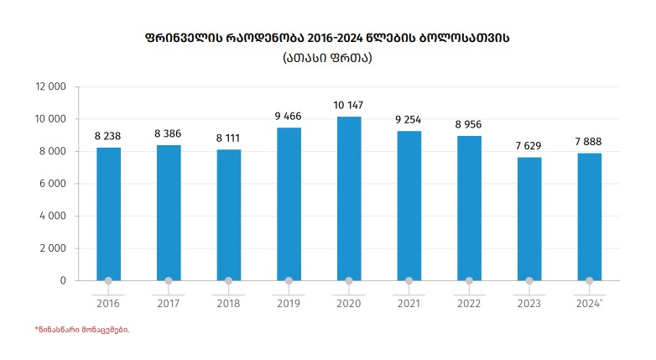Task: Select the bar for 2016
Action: pos(108,214)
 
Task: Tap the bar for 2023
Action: pos(529,218)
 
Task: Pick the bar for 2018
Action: pos(229,215)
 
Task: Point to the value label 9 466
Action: pos(289,116)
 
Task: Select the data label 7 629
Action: pos(529,146)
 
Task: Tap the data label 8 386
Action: pos(169,133)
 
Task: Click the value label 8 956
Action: pos(469,124)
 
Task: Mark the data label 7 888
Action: pos(589,141)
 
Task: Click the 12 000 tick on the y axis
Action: pos(50,86)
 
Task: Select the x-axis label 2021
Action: pos(409,303)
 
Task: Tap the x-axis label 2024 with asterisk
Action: pos(589,303)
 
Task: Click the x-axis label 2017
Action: pos(169,303)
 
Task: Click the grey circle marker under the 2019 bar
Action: pos(289,281)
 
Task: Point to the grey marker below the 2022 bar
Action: pos(469,281)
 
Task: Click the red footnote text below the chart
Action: pos(81,330)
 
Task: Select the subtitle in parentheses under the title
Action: pos(327,58)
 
